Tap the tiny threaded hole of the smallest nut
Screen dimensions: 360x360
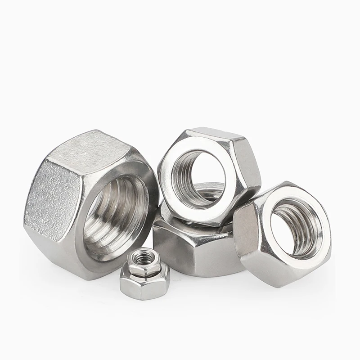point(143,258)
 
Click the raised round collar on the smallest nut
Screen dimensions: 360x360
point(143,265)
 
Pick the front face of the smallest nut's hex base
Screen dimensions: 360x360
point(143,288)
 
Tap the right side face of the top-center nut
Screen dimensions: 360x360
point(250,171)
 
